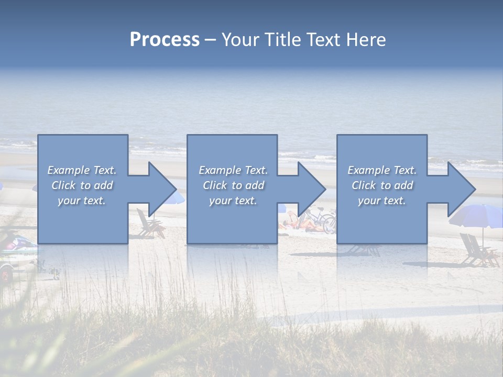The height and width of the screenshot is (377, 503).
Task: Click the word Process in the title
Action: point(165,40)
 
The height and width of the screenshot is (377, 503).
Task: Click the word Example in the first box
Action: point(68,170)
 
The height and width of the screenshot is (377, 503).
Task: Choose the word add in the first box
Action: point(103,185)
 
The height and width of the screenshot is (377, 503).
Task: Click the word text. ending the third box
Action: point(393,201)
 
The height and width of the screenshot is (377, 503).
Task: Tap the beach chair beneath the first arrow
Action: point(149,225)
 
